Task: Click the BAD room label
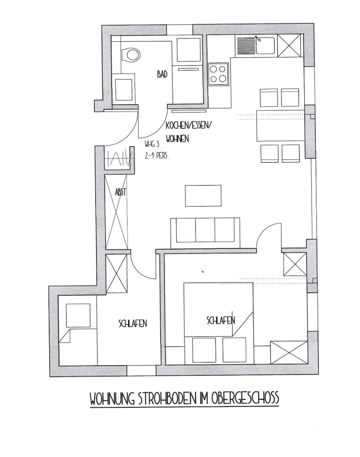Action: click(162, 75)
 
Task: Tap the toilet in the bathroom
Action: click(131, 54)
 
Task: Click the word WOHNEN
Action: click(177, 139)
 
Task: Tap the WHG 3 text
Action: click(151, 144)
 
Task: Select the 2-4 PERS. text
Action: click(157, 156)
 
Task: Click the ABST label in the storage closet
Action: click(120, 192)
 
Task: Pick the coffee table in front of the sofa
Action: click(203, 195)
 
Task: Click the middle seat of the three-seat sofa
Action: click(205, 230)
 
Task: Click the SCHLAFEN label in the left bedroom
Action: click(133, 323)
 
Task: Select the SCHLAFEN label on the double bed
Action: click(221, 320)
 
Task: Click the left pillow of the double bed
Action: click(204, 350)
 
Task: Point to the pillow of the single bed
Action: click(78, 315)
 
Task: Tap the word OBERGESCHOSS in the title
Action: click(246, 398)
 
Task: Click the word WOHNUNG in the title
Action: click(112, 399)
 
